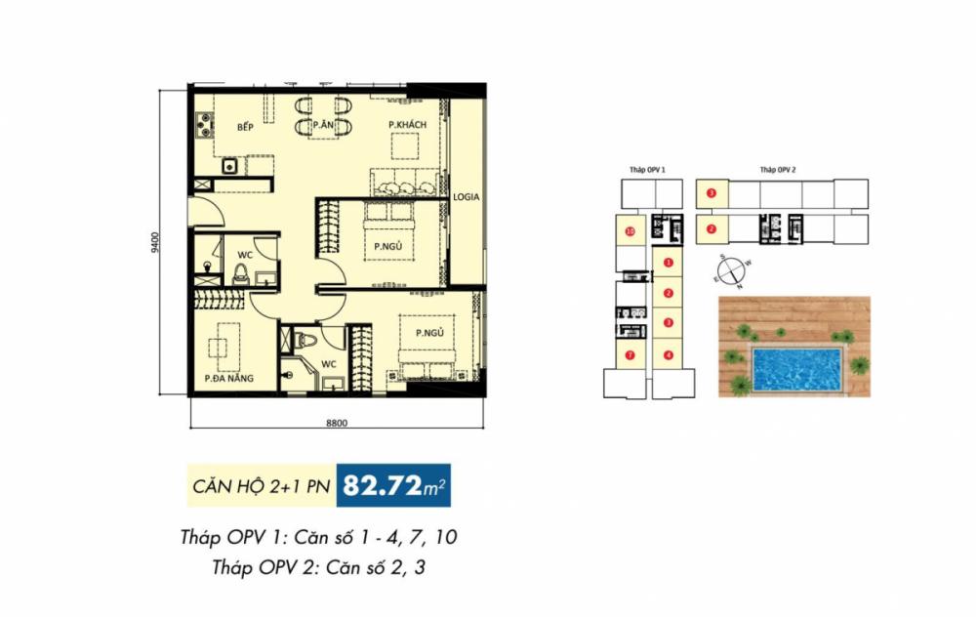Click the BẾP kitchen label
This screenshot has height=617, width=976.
coord(245,128)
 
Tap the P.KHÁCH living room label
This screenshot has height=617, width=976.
coord(407,124)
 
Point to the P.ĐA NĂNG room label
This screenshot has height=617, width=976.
coord(224,378)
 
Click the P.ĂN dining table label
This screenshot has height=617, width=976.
coord(324,125)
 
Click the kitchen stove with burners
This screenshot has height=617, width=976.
coord(204,124)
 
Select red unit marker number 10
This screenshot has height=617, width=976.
coord(630,231)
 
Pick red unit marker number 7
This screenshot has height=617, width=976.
coord(630,355)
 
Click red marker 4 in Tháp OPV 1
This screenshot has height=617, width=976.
coord(668,354)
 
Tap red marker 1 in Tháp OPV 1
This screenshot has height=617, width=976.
coord(668,262)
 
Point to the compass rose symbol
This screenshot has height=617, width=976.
coord(732,270)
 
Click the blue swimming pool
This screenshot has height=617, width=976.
coord(796,368)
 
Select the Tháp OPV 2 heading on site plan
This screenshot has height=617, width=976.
coord(778,170)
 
